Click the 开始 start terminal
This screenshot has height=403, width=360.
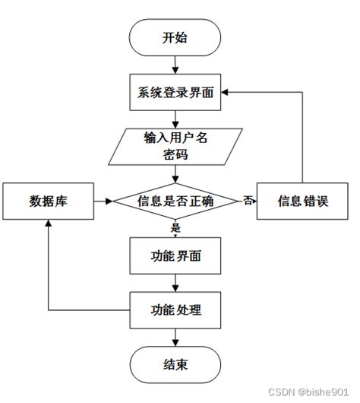(175, 39)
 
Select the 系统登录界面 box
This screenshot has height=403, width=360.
(175, 95)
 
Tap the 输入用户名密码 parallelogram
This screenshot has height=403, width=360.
(175, 146)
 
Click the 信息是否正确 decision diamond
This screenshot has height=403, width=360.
(175, 201)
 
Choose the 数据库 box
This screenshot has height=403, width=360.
(47, 201)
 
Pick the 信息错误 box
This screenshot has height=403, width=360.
(304, 201)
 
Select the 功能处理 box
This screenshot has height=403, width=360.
(175, 310)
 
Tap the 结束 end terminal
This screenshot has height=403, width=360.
(175, 366)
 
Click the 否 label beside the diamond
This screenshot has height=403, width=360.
(247, 201)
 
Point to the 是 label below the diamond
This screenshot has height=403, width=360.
(175, 226)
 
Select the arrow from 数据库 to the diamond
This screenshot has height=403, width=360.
(103, 201)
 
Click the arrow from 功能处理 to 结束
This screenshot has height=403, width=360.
(175, 338)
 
